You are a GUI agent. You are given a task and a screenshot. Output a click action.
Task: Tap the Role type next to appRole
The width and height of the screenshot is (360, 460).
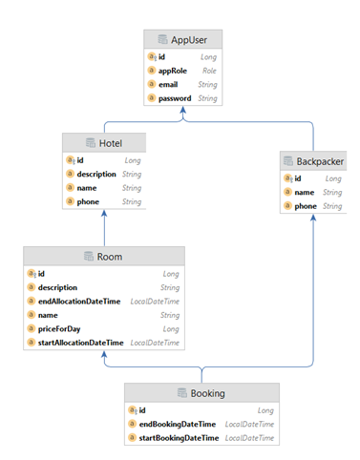coord(208,71)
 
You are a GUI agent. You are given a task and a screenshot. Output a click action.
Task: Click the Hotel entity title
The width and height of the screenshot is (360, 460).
coord(109,142)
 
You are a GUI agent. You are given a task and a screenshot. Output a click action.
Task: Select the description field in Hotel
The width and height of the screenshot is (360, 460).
coord(96,175)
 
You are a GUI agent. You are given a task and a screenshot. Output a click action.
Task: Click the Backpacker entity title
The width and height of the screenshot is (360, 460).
coord(317,161)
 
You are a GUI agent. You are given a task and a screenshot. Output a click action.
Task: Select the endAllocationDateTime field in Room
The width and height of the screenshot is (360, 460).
coord(78,301)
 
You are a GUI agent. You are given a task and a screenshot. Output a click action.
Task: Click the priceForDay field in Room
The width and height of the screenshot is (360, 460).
coord(60,328)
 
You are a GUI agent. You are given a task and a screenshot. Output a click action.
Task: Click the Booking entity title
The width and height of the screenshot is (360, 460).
coord(207,393)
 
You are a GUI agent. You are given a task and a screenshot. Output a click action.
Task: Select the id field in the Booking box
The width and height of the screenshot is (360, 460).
coord(143,410)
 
